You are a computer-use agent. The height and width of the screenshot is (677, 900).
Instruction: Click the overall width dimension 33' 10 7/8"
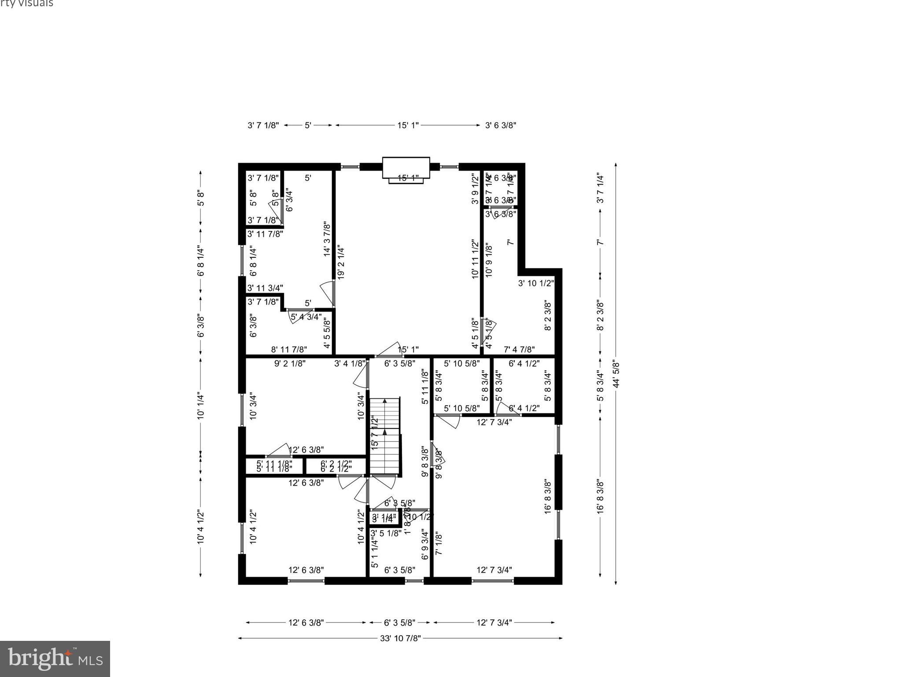pyautogui.click(x=400, y=638)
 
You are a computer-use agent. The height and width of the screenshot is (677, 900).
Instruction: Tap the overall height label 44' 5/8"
pyautogui.click(x=616, y=374)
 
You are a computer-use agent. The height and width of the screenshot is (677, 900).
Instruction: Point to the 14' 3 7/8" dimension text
pyautogui.click(x=327, y=239)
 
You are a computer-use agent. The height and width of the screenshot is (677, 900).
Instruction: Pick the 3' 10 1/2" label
pyautogui.click(x=535, y=283)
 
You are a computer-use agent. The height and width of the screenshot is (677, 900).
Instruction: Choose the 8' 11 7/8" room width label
pyautogui.click(x=289, y=350)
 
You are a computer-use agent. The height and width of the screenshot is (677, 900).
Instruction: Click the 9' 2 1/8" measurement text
pyautogui.click(x=290, y=364)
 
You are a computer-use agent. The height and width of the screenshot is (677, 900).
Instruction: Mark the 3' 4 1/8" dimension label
pyautogui.click(x=350, y=364)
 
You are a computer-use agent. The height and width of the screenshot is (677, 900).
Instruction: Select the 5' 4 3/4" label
pyautogui.click(x=306, y=317)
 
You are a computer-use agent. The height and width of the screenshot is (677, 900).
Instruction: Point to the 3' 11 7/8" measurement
pyautogui.click(x=265, y=234)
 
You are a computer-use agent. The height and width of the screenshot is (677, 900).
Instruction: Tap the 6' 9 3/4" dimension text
pyautogui.click(x=425, y=544)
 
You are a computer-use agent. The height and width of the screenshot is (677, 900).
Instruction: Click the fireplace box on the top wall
pyautogui.click(x=406, y=168)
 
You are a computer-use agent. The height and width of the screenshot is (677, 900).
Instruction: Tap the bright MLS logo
pyautogui.click(x=55, y=658)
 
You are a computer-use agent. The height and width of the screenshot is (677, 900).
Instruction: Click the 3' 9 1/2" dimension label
pyautogui.click(x=475, y=189)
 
